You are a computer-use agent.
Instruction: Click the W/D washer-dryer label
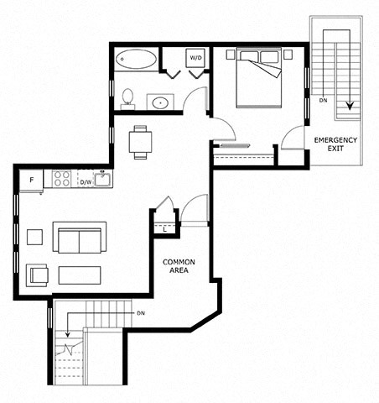(195, 58)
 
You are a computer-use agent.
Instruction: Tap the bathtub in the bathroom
(136, 59)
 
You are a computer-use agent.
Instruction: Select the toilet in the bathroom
(127, 99)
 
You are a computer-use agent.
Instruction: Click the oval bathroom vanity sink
(160, 102)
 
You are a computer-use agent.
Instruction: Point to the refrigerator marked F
(31, 181)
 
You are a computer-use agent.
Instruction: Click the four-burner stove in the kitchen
(62, 179)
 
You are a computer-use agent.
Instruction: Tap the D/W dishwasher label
(86, 182)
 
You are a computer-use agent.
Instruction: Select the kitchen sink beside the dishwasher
(102, 179)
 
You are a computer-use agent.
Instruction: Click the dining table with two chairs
(140, 142)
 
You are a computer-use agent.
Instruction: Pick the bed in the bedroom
(258, 77)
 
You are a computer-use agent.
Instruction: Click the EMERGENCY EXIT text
(335, 144)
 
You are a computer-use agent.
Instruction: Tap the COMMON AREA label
(179, 266)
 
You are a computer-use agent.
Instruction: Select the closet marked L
(165, 229)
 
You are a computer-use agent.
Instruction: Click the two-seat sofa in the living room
(80, 238)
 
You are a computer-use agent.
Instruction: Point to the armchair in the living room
(37, 275)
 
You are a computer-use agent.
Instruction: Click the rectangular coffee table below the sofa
(80, 275)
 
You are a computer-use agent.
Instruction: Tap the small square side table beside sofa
(35, 237)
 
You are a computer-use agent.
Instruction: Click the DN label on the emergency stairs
(323, 100)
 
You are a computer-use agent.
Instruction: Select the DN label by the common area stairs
(141, 313)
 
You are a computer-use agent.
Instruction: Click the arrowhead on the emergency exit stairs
(350, 106)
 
